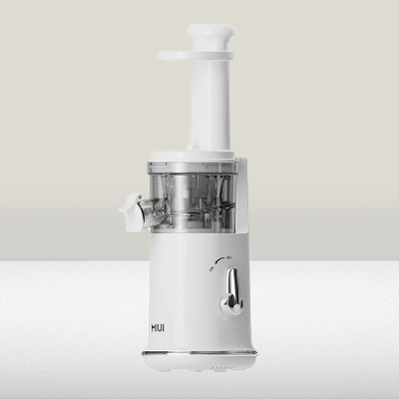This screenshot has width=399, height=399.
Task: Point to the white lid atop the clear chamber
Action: pos(194,156)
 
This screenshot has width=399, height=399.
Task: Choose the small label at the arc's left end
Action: pos(208,269)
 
